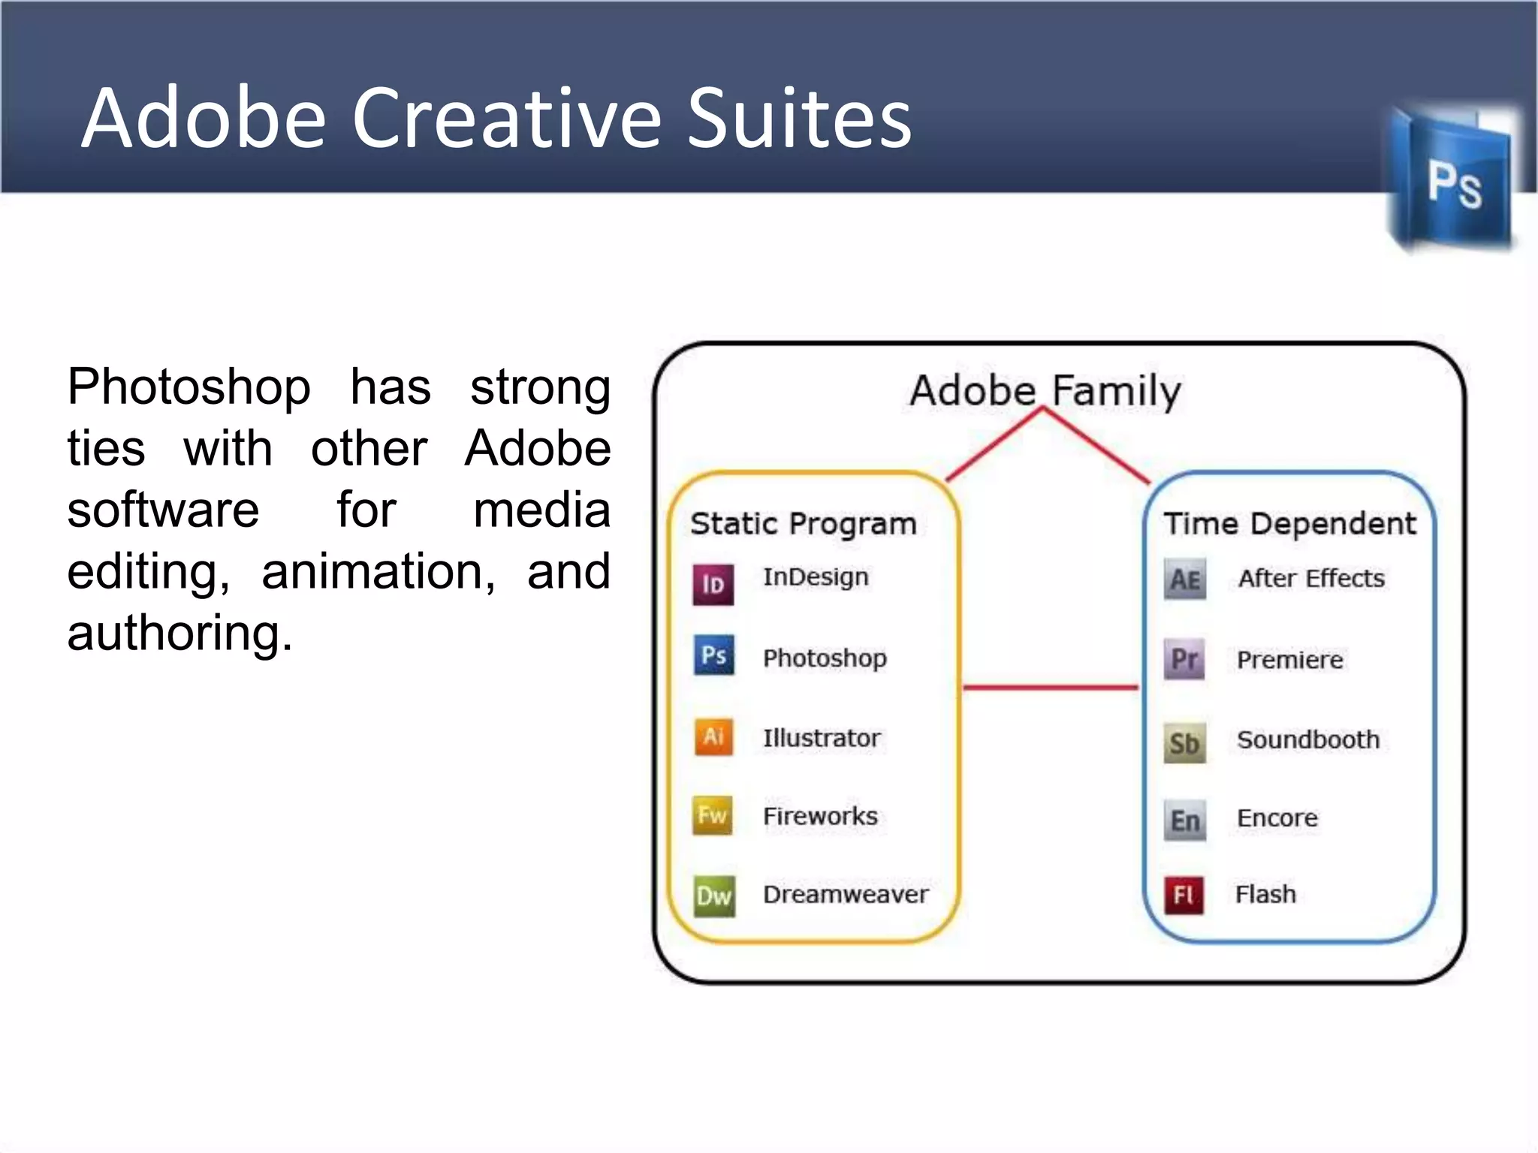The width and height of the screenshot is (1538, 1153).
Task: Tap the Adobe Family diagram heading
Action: point(1045,390)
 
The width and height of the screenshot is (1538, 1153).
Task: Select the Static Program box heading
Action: point(803,523)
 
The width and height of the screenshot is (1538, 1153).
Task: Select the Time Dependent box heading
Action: point(1289,523)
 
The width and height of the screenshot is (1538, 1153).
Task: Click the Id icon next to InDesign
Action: point(713,583)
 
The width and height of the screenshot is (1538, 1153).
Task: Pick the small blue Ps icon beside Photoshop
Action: point(713,655)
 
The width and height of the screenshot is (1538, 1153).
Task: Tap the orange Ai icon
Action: point(713,736)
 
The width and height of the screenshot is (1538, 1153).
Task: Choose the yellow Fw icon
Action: point(712,815)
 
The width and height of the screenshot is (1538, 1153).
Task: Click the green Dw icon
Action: point(713,896)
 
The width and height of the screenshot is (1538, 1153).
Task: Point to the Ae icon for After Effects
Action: point(1185,579)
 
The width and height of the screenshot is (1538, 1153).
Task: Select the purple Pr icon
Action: point(1184,659)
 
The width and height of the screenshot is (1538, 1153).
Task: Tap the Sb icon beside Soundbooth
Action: point(1184,742)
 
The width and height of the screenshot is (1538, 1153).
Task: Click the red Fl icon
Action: point(1184,895)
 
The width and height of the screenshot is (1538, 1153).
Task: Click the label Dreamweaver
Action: point(846,894)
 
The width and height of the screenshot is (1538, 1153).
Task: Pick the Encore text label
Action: point(1277,817)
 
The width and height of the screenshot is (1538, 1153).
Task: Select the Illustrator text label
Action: point(822,738)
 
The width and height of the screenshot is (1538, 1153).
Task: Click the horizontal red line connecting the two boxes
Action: point(1050,687)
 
